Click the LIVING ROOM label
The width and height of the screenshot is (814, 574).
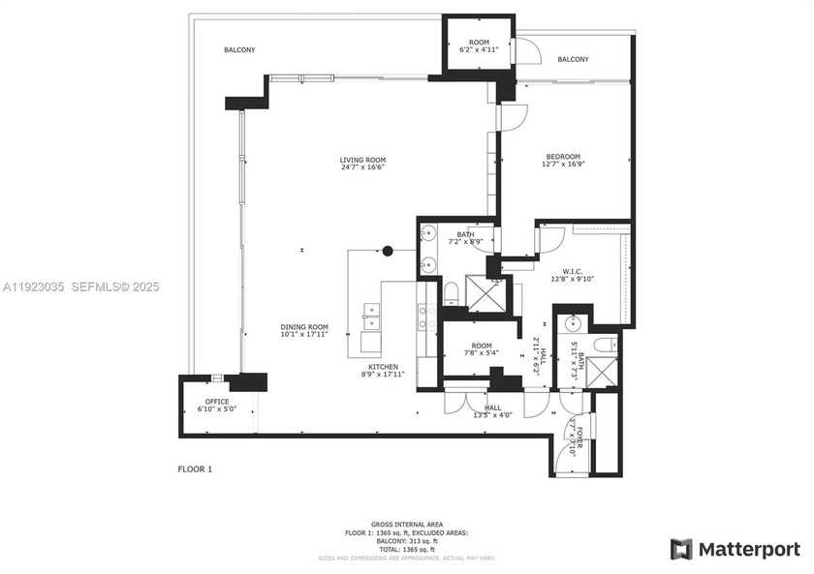362,160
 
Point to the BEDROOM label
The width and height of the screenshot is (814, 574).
562,157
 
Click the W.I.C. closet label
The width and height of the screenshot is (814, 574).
572,272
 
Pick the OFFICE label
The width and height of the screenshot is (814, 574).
216,402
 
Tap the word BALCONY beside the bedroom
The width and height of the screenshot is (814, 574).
573,60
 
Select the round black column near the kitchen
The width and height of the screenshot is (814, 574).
388,251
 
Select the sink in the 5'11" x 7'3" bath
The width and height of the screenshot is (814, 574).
574,322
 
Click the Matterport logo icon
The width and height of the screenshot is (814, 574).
682,549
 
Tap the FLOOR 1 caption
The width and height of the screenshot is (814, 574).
195,469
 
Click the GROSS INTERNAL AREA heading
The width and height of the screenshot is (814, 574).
407,525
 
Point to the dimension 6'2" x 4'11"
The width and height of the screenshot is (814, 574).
479,50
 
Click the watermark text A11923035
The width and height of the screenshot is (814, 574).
33,287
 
